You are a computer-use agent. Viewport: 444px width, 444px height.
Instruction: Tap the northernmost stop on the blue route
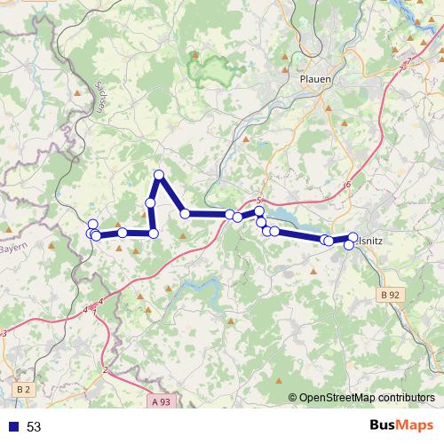[x=159, y=174]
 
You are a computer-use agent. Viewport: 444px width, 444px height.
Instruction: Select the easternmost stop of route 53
[x=353, y=237]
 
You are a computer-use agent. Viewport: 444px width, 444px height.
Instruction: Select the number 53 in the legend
[x=34, y=427]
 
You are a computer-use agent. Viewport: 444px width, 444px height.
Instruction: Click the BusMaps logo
[x=402, y=425]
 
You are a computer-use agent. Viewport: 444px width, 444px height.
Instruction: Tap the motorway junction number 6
[x=348, y=185]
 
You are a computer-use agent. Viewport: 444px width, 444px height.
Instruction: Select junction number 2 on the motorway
[x=105, y=369]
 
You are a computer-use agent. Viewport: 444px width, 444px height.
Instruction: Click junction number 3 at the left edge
[x=4, y=333]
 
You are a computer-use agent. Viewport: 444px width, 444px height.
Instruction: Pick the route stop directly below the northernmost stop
[x=151, y=203]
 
